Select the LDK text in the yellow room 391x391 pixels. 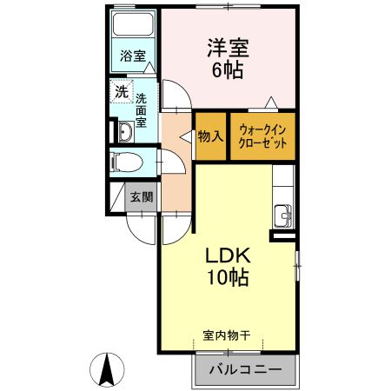[x=228, y=256]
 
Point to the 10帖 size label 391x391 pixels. [x=228, y=278]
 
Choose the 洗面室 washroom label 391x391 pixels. [x=141, y=110]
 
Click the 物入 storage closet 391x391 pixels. [x=210, y=136]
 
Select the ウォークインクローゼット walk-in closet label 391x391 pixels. [x=262, y=136]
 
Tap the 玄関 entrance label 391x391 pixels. [x=142, y=196]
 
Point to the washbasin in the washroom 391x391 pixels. [x=124, y=131]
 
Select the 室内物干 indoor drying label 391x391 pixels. [x=227, y=335]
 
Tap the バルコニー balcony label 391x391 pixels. [x=244, y=370]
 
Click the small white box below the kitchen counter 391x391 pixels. [x=283, y=235]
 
